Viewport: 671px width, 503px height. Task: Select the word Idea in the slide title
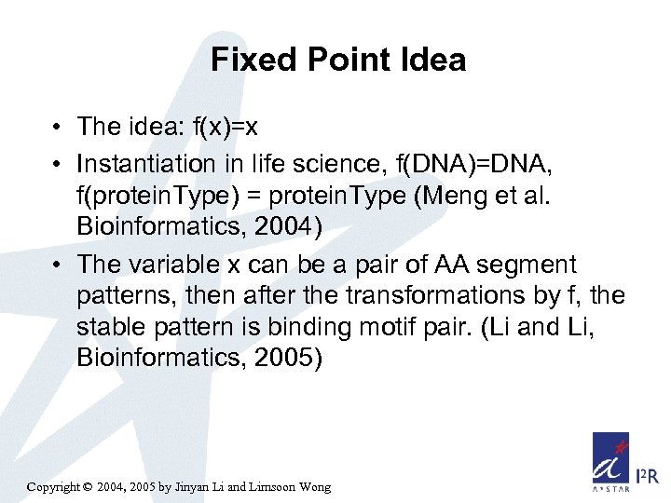coord(432,61)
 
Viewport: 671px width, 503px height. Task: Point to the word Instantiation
coord(146,165)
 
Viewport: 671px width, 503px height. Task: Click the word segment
coord(530,265)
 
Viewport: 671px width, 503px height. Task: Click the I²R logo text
coord(647,477)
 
